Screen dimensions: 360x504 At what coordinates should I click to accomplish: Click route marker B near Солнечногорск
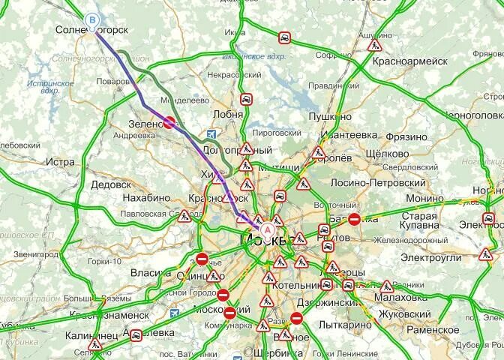[x=92, y=19]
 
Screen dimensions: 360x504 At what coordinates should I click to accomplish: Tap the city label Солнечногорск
[x=92, y=31]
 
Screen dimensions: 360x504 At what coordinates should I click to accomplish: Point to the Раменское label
[x=433, y=330]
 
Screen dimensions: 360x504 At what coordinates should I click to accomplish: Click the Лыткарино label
[x=343, y=325]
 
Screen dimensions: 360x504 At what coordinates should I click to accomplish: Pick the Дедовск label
[x=111, y=184]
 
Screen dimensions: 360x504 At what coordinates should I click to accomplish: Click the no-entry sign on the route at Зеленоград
[x=169, y=124]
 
